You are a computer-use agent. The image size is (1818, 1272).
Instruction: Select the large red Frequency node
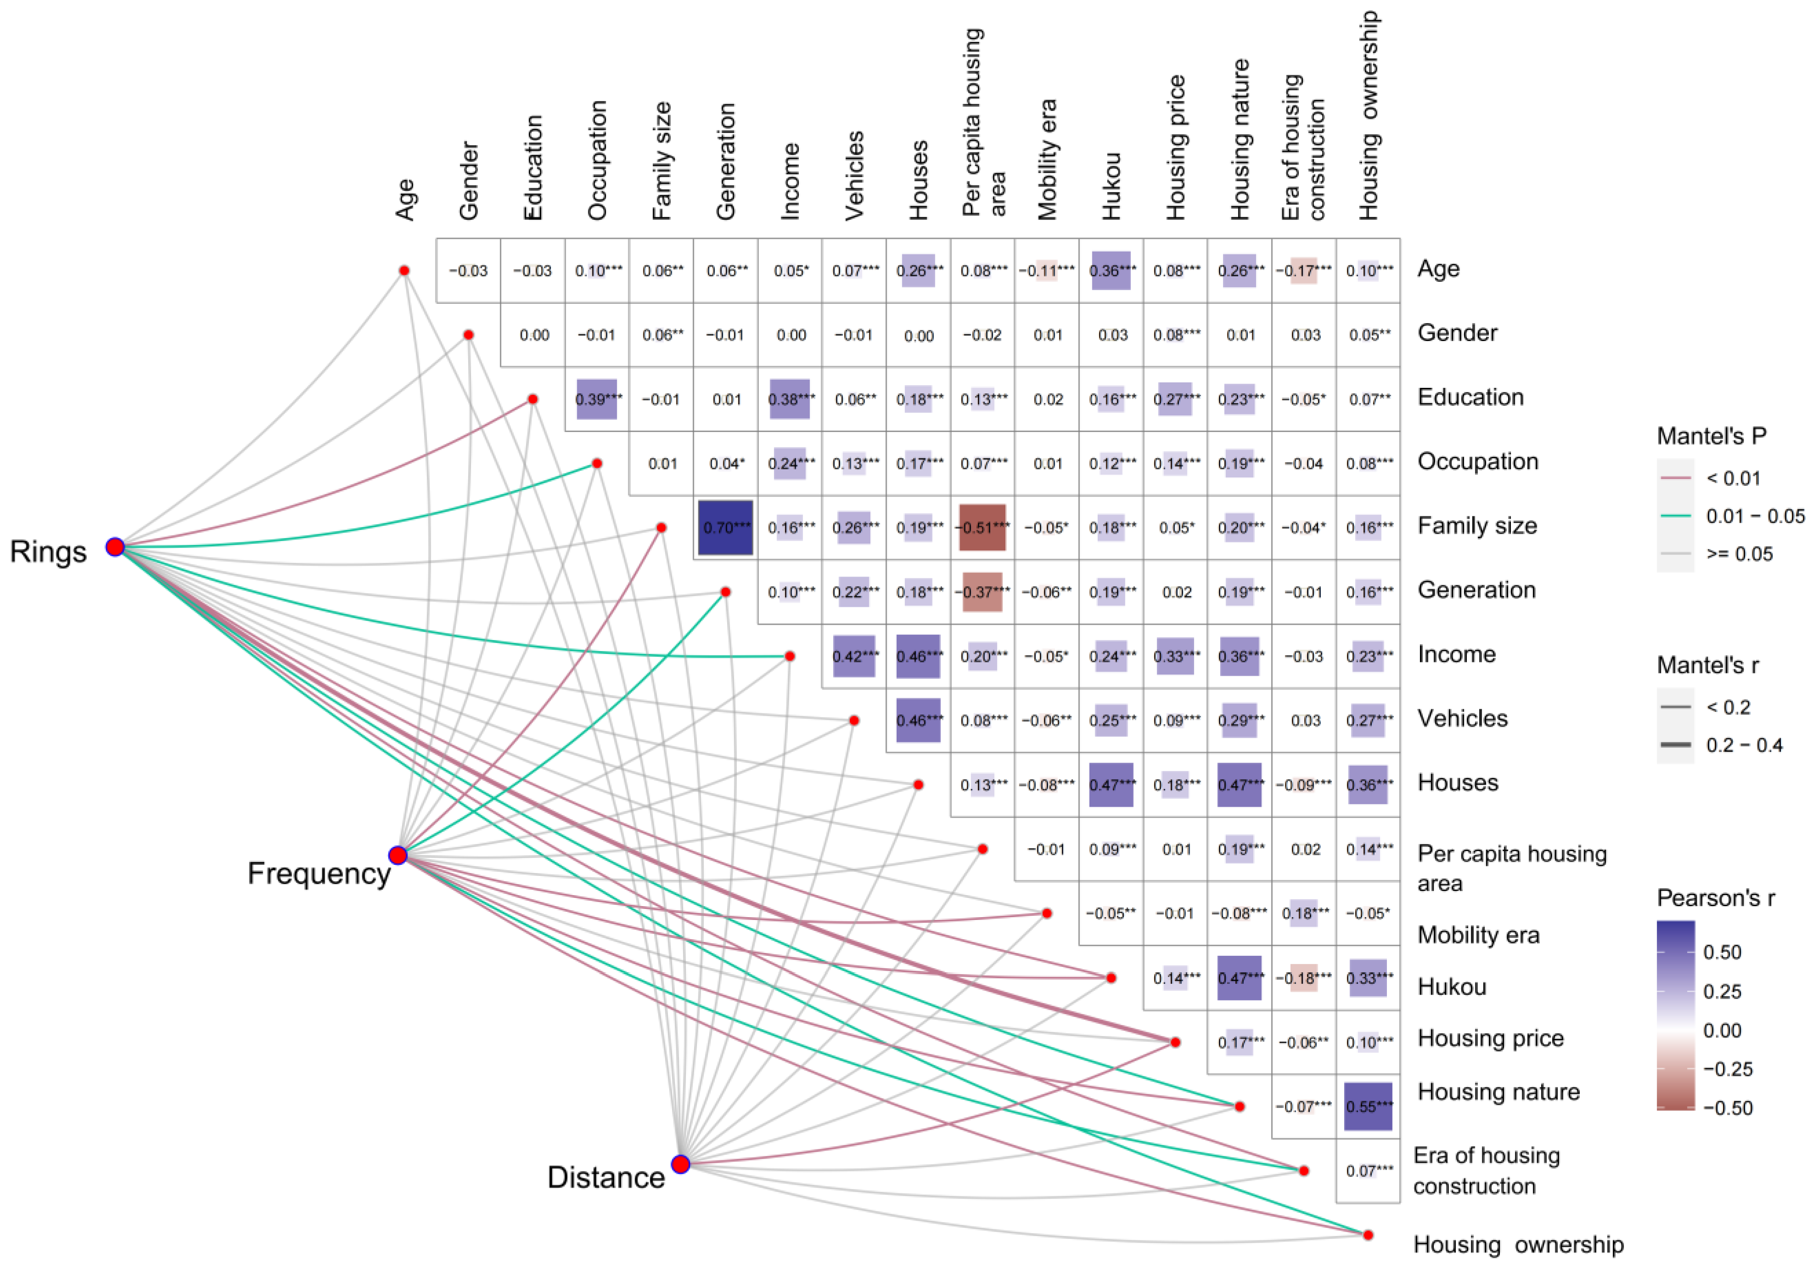tap(398, 855)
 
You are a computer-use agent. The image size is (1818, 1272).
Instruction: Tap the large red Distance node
tap(680, 1164)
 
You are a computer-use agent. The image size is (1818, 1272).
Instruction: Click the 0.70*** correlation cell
tap(725, 527)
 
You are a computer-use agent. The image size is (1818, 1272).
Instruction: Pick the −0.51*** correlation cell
tap(982, 527)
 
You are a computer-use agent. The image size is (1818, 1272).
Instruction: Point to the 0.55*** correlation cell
tap(1368, 1106)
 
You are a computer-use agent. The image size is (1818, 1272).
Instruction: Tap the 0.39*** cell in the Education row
tap(597, 399)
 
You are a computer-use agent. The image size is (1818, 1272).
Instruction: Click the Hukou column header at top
tap(1111, 186)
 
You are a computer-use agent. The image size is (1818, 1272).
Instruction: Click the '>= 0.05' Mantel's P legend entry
tap(1739, 554)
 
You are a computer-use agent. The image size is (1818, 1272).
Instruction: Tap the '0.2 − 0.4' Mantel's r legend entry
tap(1744, 745)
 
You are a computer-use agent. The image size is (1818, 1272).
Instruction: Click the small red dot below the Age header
tap(404, 271)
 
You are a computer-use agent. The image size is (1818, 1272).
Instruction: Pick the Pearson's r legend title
tap(1715, 898)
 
